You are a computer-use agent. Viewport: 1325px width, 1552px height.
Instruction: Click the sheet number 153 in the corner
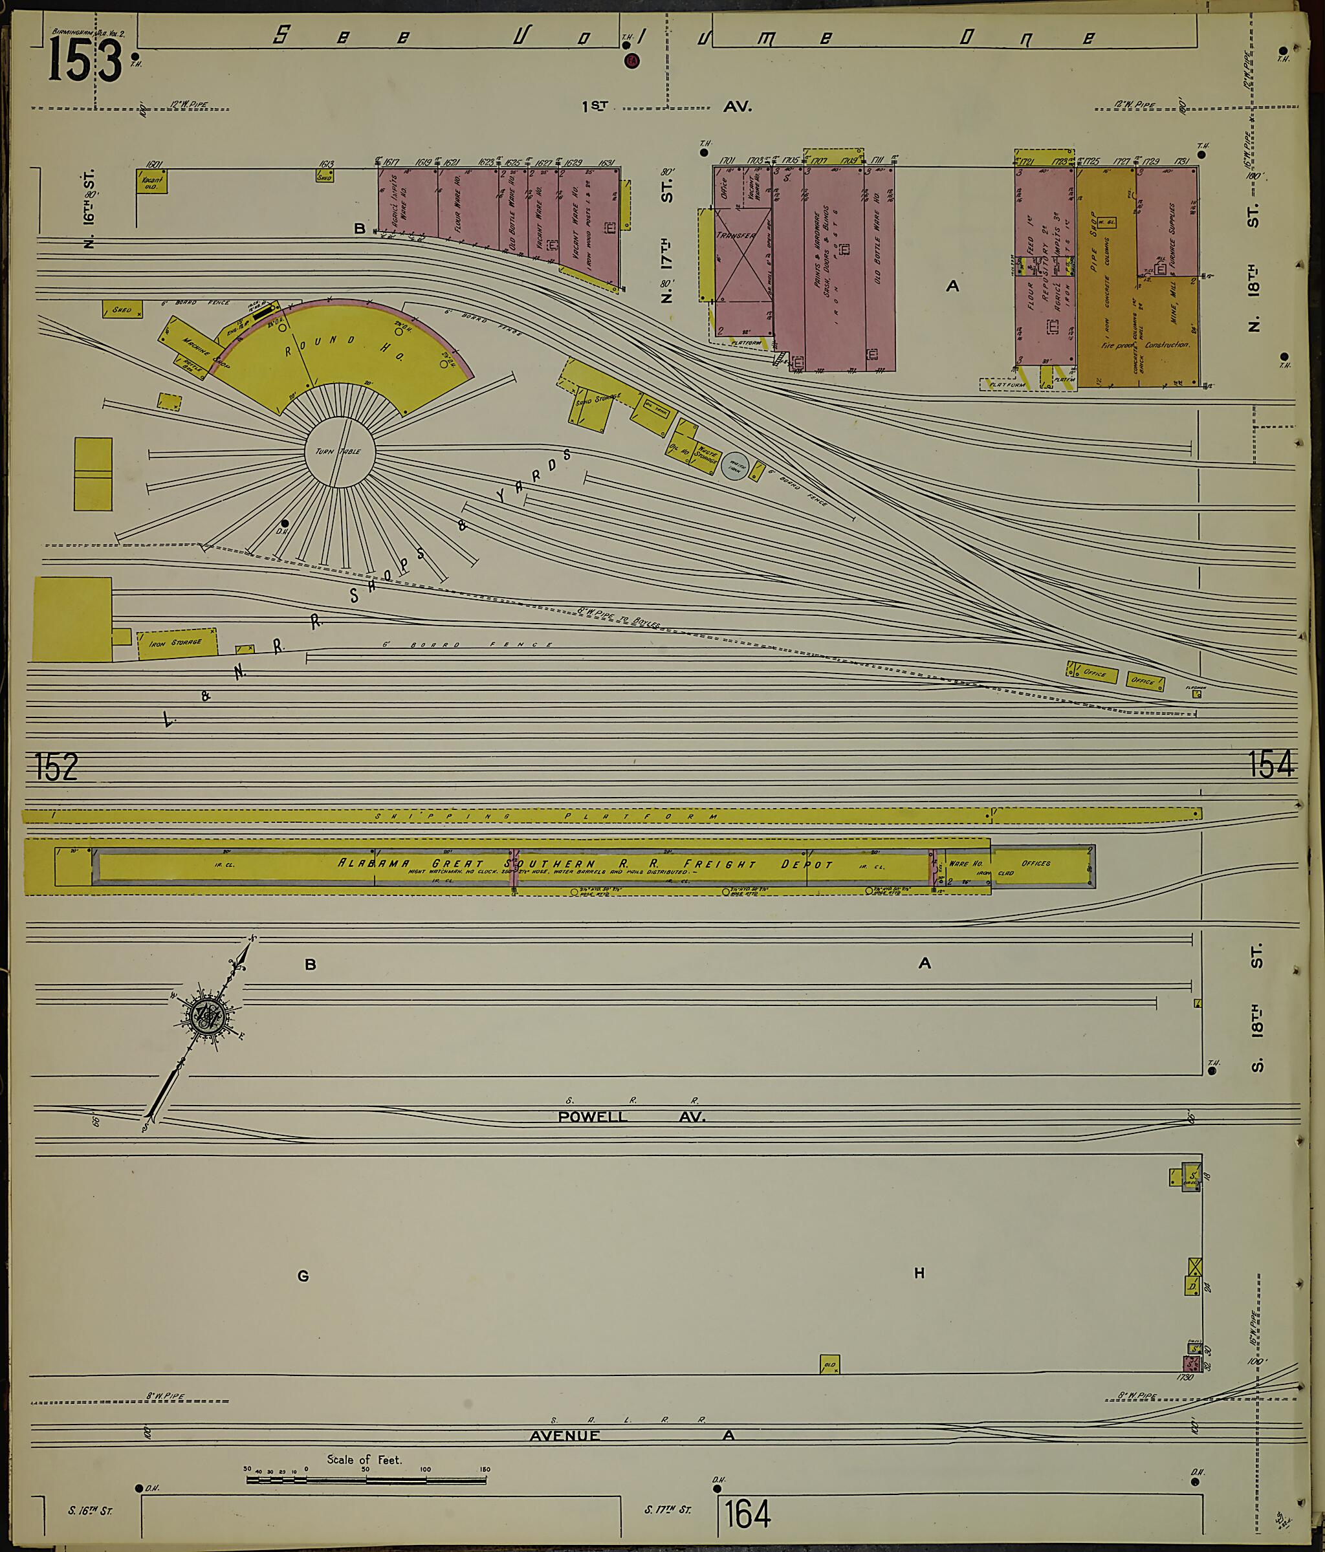85,61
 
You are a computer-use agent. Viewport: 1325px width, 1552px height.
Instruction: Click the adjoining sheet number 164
747,1514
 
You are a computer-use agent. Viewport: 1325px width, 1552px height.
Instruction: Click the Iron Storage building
177,644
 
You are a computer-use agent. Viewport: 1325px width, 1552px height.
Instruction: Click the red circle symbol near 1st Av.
631,61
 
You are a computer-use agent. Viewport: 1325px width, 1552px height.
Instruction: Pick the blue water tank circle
735,465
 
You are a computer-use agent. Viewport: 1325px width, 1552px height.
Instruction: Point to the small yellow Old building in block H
829,1364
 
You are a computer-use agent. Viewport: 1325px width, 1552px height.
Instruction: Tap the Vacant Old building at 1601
151,182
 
